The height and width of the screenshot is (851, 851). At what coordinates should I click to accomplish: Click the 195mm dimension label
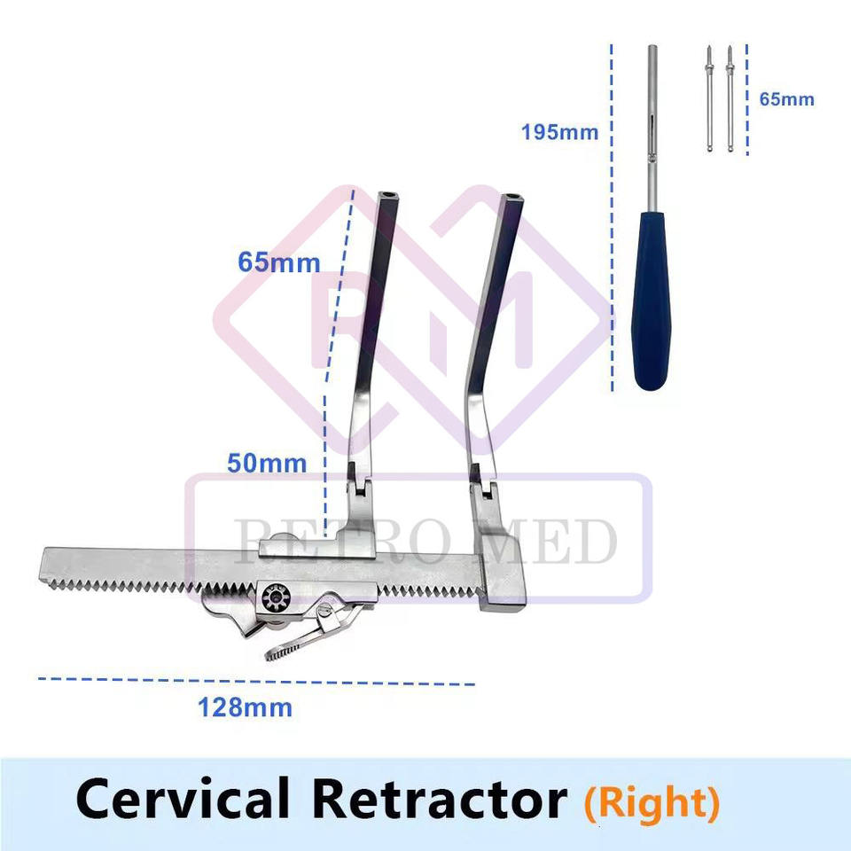pos(559,133)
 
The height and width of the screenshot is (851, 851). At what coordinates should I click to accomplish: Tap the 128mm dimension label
pos(245,708)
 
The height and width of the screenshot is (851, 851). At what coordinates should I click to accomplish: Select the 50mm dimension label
pos(267,463)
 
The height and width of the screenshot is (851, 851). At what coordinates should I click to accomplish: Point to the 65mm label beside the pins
pos(786,99)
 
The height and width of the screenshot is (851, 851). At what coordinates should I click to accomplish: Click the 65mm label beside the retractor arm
pos(278,262)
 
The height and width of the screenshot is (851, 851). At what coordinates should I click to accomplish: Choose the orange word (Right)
pos(652,801)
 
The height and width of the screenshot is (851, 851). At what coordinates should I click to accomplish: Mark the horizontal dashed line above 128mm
pos(257,682)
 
